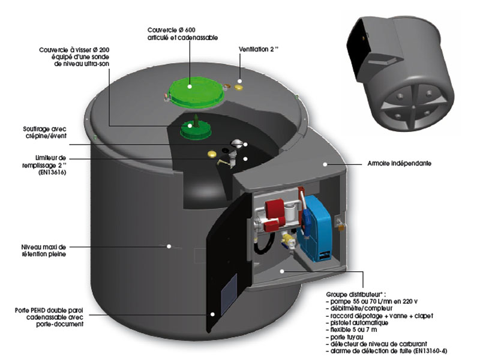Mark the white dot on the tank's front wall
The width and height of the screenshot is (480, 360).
coord(170,245)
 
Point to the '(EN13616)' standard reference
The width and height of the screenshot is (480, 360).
coord(50,172)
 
